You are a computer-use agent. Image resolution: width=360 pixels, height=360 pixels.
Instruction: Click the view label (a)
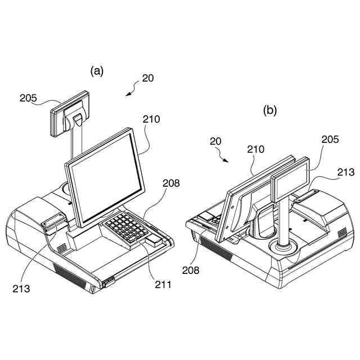[97, 70]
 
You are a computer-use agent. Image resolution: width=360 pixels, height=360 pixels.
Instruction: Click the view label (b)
[271, 111]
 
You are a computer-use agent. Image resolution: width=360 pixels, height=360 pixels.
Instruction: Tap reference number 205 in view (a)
[28, 97]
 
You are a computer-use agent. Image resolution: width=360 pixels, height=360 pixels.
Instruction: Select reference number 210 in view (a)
[151, 119]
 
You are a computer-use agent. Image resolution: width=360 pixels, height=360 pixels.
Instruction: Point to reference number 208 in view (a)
[172, 183]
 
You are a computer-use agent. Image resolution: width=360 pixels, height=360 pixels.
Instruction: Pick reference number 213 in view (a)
[21, 289]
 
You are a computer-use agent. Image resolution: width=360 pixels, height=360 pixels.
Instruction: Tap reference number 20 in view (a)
[148, 78]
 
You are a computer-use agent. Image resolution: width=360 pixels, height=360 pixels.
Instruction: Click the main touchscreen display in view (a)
[105, 174]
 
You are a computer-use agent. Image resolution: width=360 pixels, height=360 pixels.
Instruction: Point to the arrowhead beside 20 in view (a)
[128, 94]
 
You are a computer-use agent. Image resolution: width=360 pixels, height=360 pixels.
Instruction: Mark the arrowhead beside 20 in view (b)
[226, 160]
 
